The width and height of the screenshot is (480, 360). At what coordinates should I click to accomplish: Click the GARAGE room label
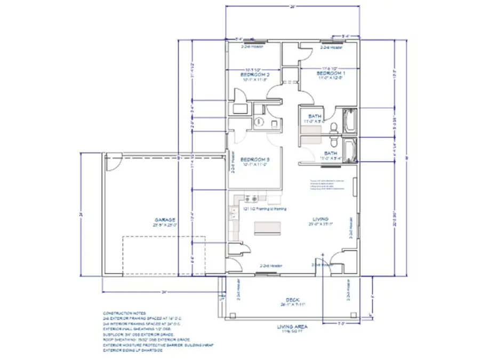point(165,219)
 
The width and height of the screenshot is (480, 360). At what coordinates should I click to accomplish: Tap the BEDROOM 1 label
point(331,73)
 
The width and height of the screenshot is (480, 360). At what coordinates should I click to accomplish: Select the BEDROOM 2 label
point(254,75)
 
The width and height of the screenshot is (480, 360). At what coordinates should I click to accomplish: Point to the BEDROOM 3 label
point(254,159)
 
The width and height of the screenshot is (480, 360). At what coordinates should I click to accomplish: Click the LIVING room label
point(320,219)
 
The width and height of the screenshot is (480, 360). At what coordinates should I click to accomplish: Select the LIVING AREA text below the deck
point(290,326)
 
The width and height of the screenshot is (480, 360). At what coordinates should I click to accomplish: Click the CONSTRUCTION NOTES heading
point(122,313)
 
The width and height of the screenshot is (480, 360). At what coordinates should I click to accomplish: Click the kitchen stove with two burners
point(251,199)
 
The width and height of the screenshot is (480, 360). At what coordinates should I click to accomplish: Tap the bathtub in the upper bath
point(350,121)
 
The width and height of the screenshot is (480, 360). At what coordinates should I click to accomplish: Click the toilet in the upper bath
point(334,127)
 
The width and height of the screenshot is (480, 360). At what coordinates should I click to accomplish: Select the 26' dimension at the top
point(292,7)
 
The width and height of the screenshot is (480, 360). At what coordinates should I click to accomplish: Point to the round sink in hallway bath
point(259,122)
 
